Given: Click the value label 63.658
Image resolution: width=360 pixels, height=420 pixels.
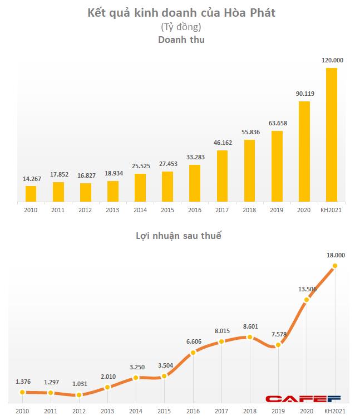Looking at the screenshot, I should click(x=277, y=123).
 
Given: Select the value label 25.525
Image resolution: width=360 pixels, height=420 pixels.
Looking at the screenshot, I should click(x=140, y=166).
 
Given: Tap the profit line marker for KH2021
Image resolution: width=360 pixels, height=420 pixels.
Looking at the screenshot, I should click(x=335, y=266).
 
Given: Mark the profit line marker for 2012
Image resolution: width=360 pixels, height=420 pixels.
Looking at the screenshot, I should click(x=79, y=395).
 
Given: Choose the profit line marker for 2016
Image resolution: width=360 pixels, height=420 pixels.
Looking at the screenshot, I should click(x=193, y=352).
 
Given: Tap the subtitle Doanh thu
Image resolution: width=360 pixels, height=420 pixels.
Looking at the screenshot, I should click(x=181, y=40).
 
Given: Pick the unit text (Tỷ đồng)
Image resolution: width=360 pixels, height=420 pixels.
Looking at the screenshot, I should click(x=181, y=27).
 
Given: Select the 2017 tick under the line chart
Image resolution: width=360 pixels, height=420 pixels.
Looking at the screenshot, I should click(x=221, y=411).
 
